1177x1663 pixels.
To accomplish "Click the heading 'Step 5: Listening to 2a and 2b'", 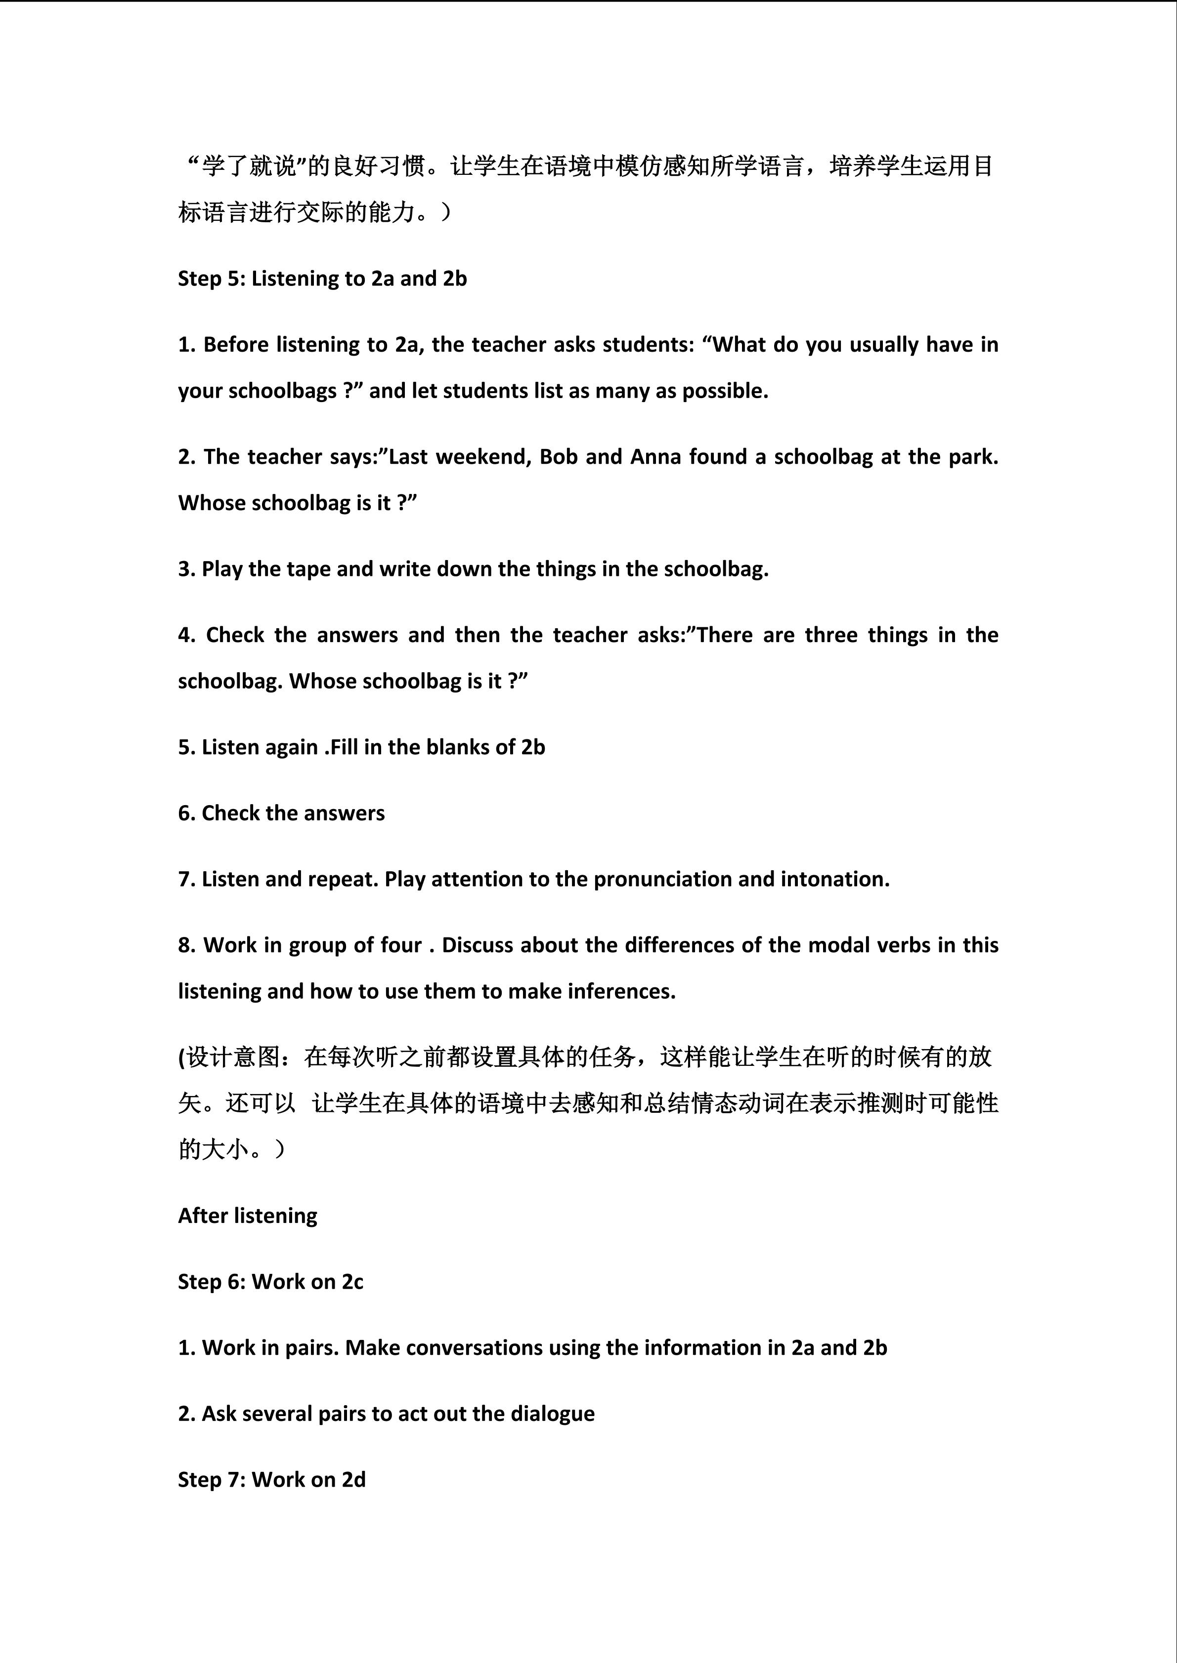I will [322, 279].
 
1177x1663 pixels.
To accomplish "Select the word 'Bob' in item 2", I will [558, 457].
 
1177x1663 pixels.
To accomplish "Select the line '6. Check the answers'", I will [281, 813].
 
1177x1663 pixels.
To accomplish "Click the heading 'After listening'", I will [247, 1216].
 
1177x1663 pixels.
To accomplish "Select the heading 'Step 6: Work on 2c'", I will [270, 1282].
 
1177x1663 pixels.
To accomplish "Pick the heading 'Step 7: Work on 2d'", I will [272, 1480].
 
